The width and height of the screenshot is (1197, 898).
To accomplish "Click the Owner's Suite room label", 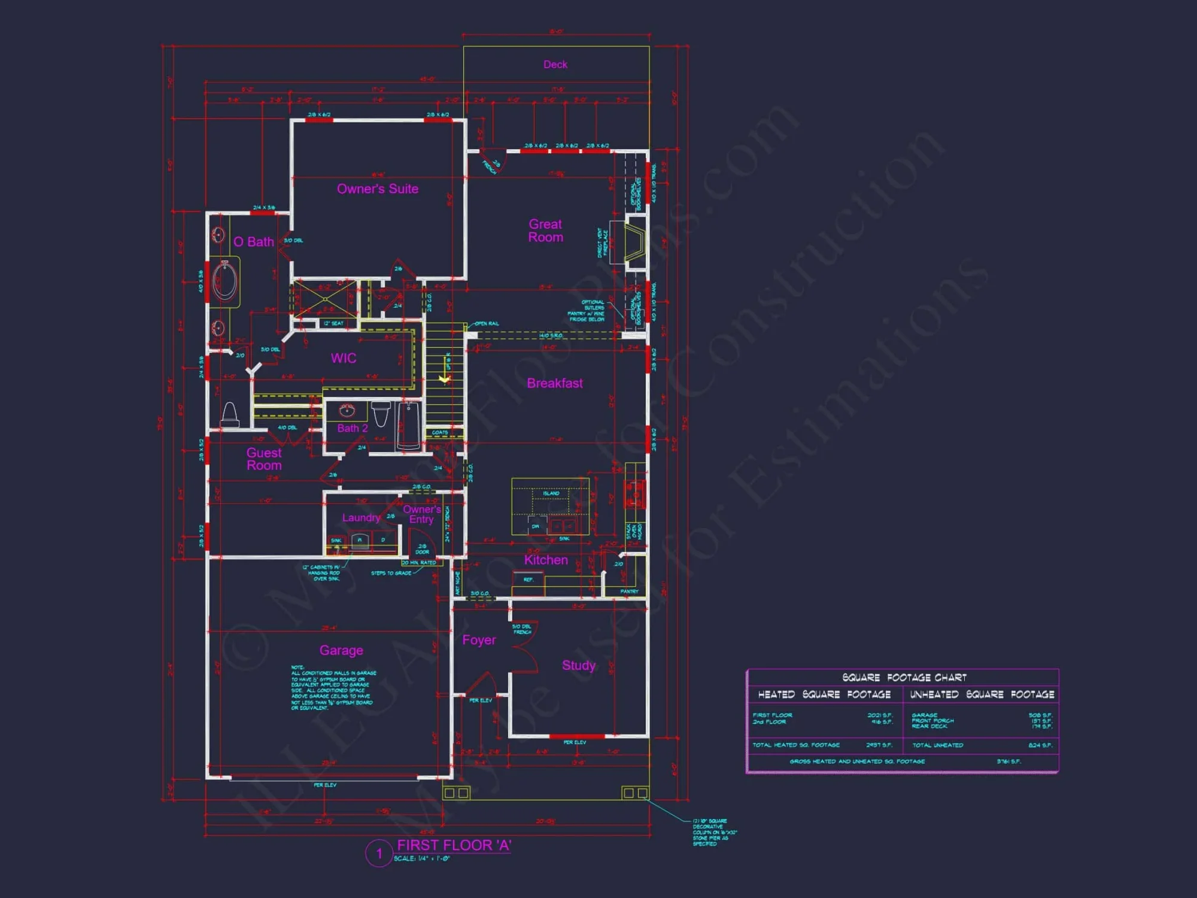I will point(378,189).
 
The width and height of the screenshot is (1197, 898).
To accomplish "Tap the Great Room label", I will point(545,230).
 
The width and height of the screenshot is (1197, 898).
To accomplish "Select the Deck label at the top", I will point(555,65).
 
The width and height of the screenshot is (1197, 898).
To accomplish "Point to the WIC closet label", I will point(344,358).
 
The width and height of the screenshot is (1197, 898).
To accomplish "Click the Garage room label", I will point(341,650).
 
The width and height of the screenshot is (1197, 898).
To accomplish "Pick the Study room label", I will point(579,665).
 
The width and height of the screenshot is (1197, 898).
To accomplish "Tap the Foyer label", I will point(479,640).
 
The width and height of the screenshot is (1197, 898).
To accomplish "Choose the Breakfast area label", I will point(555,383).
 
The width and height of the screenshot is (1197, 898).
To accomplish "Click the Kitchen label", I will point(546,560).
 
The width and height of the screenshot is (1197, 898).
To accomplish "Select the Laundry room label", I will point(361,518).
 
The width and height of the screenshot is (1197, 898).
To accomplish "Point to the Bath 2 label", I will point(353,428).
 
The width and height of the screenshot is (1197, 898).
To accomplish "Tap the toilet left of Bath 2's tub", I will point(381,413).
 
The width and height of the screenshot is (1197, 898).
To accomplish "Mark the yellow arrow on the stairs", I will point(444,378).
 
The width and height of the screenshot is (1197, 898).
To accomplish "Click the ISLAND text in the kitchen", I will point(551,493).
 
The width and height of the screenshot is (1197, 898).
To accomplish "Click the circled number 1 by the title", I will point(379,853).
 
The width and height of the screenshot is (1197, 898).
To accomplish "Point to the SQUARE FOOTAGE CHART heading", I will point(904,678).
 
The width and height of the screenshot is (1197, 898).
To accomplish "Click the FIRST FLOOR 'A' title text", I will point(454,845).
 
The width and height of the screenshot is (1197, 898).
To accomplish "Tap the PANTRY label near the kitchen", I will point(629,591).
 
